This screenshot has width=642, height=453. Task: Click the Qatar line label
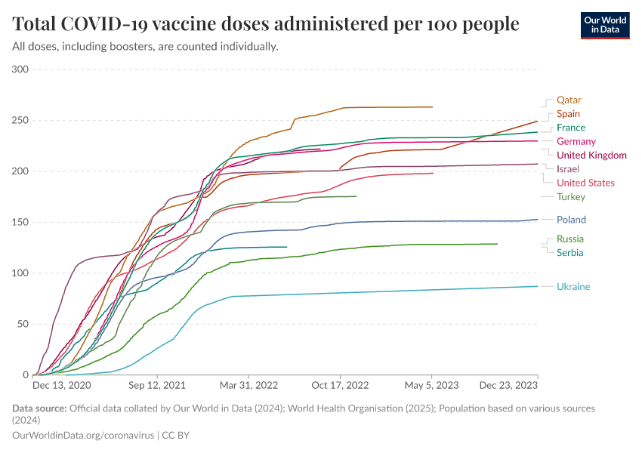pyautogui.click(x=569, y=100)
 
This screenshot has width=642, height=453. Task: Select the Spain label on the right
pyautogui.click(x=568, y=114)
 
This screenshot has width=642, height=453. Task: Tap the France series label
pyautogui.click(x=571, y=128)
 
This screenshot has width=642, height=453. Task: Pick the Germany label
pyautogui.click(x=576, y=141)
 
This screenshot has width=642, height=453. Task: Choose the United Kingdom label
pyautogui.click(x=591, y=156)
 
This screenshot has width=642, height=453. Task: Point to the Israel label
pyautogui.click(x=568, y=168)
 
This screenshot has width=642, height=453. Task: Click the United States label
pyautogui.click(x=585, y=183)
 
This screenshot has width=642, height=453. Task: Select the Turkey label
pyautogui.click(x=571, y=197)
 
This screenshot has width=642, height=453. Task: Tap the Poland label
pyautogui.click(x=571, y=220)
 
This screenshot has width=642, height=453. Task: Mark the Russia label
pyautogui.click(x=570, y=239)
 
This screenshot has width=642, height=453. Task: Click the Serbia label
pyautogui.click(x=570, y=252)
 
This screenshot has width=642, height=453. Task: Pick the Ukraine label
pyautogui.click(x=573, y=286)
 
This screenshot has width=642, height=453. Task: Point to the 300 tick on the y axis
pyautogui.click(x=20, y=69)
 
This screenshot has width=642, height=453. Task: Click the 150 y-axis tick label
pyautogui.click(x=20, y=222)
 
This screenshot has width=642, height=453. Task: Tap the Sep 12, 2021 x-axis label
pyautogui.click(x=158, y=385)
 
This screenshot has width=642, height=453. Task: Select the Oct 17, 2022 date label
pyautogui.click(x=341, y=385)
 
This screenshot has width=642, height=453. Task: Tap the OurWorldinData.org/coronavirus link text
pyautogui.click(x=83, y=436)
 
